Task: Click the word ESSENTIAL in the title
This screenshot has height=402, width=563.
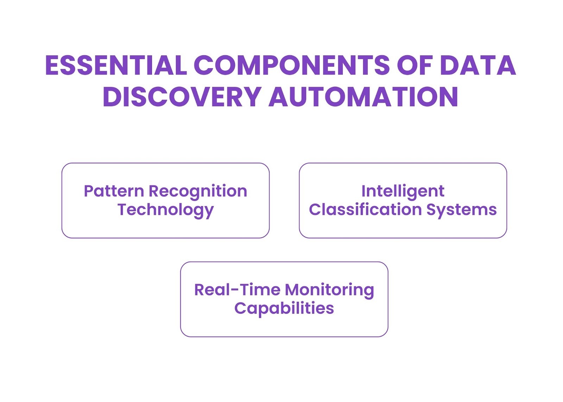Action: click(x=116, y=65)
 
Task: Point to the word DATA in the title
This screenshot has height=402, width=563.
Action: click(x=478, y=65)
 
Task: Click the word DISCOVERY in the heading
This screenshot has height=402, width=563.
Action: click(x=182, y=97)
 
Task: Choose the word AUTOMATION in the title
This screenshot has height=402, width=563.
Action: click(x=363, y=97)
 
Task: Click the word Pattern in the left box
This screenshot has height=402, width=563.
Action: click(x=114, y=191)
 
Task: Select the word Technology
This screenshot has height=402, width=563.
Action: click(x=165, y=210)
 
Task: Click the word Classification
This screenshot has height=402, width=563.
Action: click(x=365, y=210)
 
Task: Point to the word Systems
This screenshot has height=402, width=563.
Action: click(x=462, y=210)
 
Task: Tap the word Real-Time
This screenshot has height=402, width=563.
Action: click(x=237, y=290)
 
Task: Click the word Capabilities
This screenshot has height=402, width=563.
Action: click(x=284, y=309)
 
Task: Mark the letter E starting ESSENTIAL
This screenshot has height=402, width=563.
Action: click(x=52, y=65)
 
